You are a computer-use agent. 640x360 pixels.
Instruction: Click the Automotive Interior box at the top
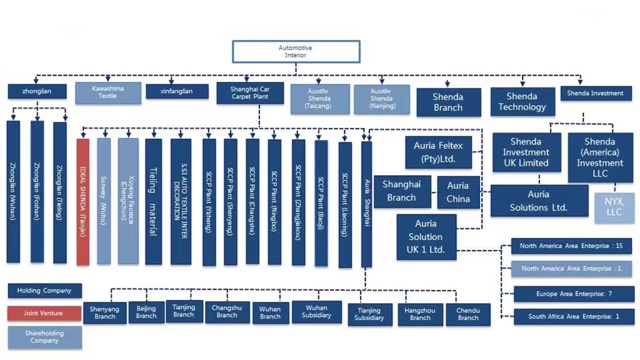pyautogui.click(x=296, y=52)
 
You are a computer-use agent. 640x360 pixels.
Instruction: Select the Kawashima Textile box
pyautogui.click(x=108, y=92)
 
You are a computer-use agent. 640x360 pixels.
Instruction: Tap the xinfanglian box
pyautogui.click(x=177, y=91)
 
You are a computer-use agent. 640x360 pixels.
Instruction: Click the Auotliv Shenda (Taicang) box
pyautogui.click(x=319, y=99)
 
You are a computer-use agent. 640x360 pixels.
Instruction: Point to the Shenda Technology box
pyautogui.click(x=522, y=102)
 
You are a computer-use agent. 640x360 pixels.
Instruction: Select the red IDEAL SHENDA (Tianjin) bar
pyautogui.click(x=83, y=201)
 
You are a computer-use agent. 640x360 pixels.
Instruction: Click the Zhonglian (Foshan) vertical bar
pyautogui.click(x=37, y=191)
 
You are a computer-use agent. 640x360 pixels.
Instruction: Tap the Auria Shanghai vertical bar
pyautogui.click(x=367, y=203)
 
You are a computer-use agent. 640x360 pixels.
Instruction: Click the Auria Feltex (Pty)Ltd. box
pyautogui.click(x=438, y=152)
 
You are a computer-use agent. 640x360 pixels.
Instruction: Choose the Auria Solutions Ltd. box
pyautogui.click(x=539, y=201)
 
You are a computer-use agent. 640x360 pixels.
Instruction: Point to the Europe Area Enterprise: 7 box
pyautogui.click(x=573, y=294)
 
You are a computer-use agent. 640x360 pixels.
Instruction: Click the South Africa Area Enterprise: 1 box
pyautogui.click(x=573, y=316)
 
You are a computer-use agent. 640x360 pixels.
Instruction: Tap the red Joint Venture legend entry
pyautogui.click(x=44, y=313)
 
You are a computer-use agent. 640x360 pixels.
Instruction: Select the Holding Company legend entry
pyautogui.click(x=44, y=291)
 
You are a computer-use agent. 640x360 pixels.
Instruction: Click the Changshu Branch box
pyautogui.click(x=227, y=311)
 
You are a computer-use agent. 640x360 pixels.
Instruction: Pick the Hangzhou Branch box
pyautogui.click(x=420, y=314)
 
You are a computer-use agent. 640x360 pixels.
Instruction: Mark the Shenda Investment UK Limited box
pyautogui.click(x=526, y=152)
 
